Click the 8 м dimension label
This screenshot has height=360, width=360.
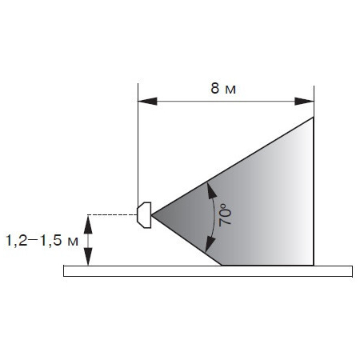(x=223, y=89)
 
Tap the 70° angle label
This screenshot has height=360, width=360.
(x=226, y=215)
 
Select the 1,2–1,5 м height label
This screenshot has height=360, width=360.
(x=42, y=241)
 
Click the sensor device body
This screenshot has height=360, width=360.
(x=144, y=215)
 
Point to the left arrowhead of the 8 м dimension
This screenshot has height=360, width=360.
(x=147, y=102)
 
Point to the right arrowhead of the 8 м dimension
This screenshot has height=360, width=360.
(x=304, y=102)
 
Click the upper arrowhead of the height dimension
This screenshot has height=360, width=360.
(x=88, y=224)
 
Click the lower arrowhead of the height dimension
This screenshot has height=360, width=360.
(x=88, y=257)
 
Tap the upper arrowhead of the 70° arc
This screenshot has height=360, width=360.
(x=211, y=190)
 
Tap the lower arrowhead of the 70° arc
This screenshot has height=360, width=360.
(x=210, y=245)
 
